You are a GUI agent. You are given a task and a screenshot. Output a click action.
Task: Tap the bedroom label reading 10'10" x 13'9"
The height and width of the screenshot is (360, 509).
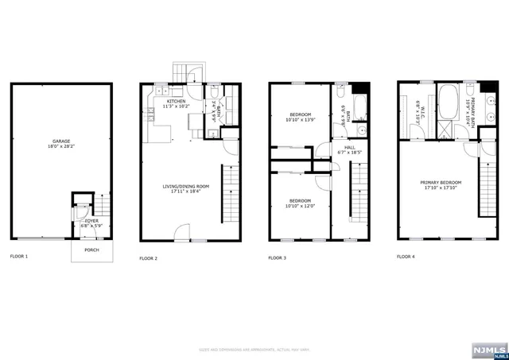coord(300,117)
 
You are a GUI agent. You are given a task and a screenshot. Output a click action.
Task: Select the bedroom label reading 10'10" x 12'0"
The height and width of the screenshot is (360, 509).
coord(300,202)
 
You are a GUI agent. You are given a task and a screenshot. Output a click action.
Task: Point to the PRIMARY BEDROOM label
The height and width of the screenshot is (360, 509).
coord(441,184)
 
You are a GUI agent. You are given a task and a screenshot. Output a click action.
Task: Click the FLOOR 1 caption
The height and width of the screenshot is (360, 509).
coord(20,257)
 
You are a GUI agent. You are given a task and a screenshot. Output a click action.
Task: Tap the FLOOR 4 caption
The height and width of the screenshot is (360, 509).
coord(406,257)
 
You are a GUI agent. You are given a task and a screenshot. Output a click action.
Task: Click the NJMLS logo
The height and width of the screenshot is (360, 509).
coord(488,349)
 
